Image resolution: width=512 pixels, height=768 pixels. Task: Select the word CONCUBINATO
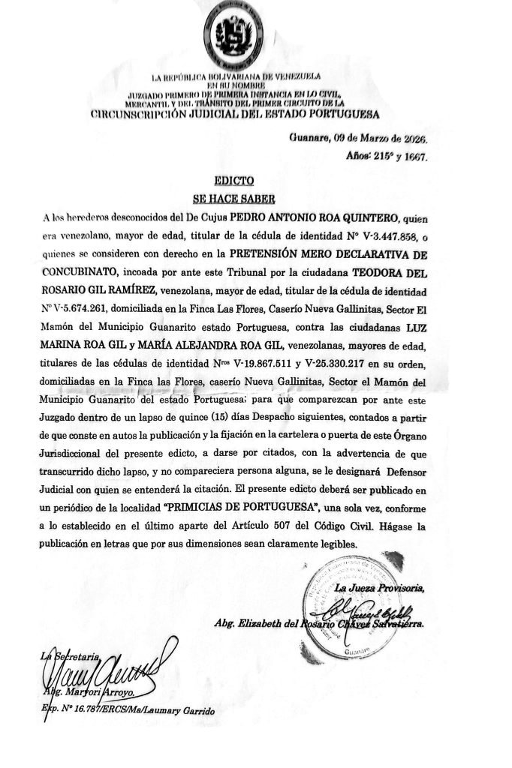point(80,273)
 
